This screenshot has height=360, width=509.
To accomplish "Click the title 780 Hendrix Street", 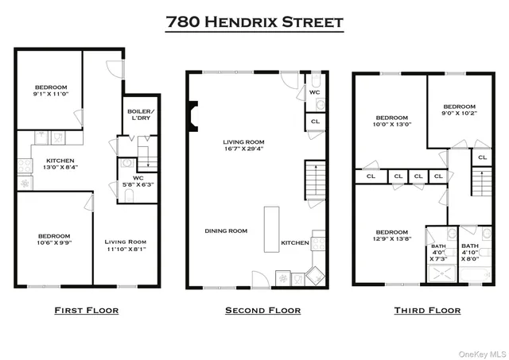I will [254, 21].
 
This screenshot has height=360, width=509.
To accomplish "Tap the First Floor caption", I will [86, 310].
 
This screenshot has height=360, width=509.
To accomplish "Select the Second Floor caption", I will [262, 310].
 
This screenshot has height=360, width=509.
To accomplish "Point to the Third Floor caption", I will [428, 310].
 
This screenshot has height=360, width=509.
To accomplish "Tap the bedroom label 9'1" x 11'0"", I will [50, 90].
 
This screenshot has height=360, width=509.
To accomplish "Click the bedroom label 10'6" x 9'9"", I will [53, 239].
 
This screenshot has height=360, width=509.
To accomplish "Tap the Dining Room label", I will [226, 230].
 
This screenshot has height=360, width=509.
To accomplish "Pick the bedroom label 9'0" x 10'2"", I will [459, 110].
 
